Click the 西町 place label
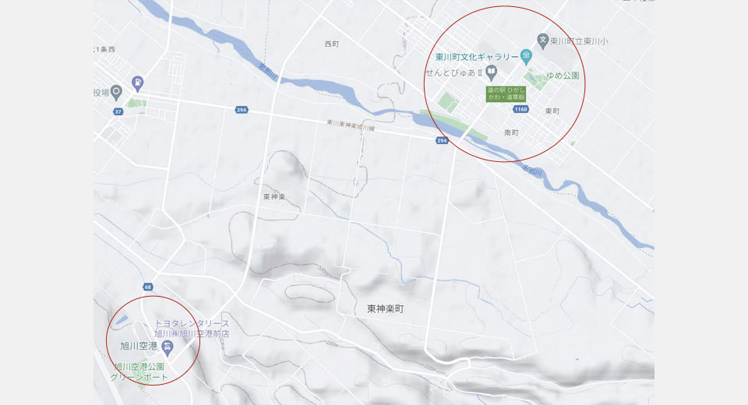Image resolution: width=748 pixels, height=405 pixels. coord(332,44)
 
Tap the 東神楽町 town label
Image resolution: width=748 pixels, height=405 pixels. coord(385,308)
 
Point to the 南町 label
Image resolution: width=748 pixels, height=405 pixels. coord(511,133)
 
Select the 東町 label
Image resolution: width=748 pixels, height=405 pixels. coord(552,111)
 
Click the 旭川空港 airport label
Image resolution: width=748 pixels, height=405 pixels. coord(139,345)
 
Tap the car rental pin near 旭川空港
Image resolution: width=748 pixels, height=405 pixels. coord(167,345)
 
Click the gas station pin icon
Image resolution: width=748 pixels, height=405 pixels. coord(138,81)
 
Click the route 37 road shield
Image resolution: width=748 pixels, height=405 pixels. coord(118,112)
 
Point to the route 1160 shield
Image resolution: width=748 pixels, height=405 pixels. coord(521,110)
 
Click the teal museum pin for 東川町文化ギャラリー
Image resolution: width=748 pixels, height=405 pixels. coord(527,56)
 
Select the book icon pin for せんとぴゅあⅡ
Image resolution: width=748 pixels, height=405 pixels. coord(491,72)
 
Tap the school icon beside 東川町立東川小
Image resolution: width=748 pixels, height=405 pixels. coord(543,40)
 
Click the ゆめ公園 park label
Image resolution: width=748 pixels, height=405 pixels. coord(563,76)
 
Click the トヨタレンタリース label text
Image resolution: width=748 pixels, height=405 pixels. coord(192,323)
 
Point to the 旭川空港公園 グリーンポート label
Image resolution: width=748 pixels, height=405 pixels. coord(140,372)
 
